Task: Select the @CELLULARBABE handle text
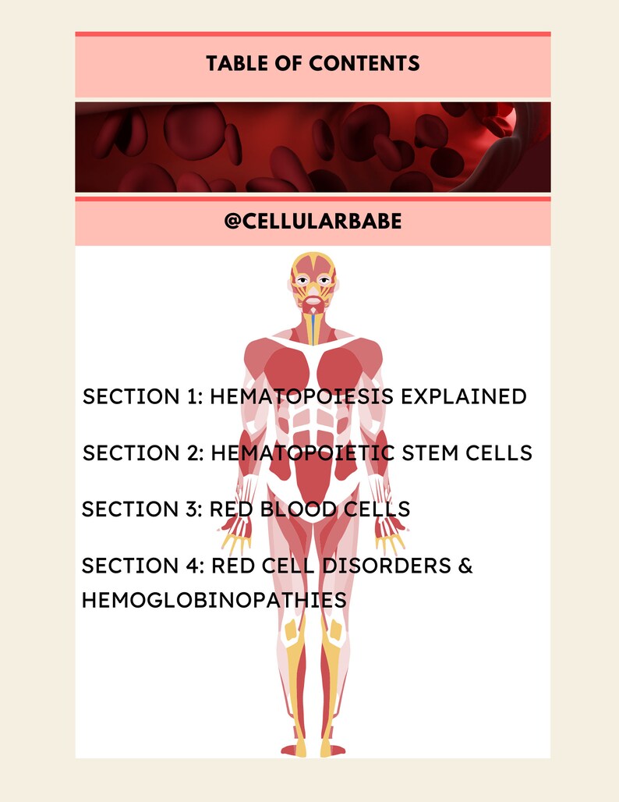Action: tap(313, 222)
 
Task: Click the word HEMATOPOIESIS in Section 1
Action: tap(302, 396)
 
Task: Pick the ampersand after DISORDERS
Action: tap(465, 566)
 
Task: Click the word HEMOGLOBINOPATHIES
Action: tap(214, 600)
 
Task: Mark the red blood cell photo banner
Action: tap(313, 147)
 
